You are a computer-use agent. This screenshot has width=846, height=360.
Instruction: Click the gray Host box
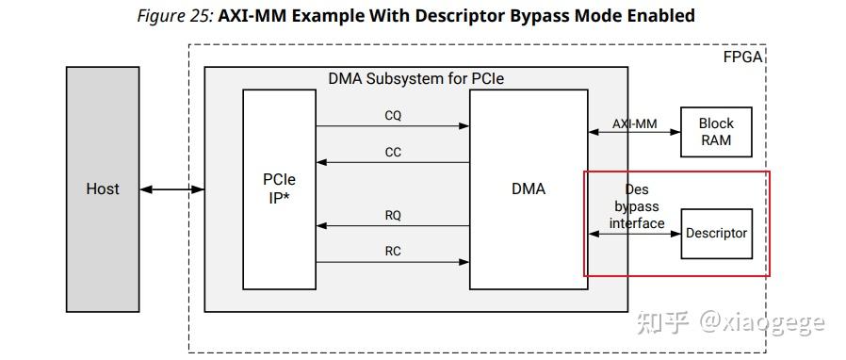click(x=103, y=188)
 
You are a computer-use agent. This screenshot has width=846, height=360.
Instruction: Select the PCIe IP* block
click(x=279, y=188)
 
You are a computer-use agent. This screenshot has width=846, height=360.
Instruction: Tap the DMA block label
click(x=528, y=188)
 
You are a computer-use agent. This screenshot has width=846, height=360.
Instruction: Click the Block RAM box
click(x=716, y=132)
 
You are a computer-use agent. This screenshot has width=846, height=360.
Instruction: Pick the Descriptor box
click(x=716, y=234)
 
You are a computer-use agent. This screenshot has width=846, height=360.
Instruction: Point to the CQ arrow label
click(x=393, y=116)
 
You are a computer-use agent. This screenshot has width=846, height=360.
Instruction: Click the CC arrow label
click(x=393, y=152)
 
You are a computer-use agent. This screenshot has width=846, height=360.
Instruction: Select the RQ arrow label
click(x=393, y=216)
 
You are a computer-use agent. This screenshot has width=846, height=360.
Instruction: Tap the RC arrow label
click(x=393, y=251)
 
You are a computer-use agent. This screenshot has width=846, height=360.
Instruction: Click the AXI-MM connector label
click(x=634, y=123)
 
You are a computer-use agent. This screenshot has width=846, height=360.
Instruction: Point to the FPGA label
click(x=742, y=57)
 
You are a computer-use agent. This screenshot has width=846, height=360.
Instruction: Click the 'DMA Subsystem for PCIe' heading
click(x=415, y=78)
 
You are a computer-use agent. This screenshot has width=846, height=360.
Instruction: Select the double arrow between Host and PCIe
click(x=171, y=190)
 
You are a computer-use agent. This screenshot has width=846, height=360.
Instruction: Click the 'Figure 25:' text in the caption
click(x=175, y=16)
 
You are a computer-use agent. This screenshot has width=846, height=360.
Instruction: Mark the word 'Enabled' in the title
click(x=659, y=16)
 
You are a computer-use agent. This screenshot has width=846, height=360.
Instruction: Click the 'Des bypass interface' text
click(x=636, y=206)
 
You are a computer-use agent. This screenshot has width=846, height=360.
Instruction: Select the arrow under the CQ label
click(x=393, y=126)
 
